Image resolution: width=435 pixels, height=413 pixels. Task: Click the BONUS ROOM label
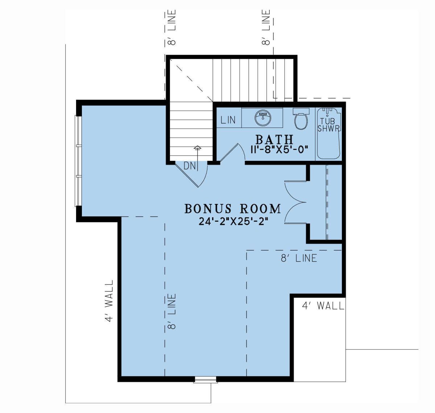pyautogui.click(x=233, y=209)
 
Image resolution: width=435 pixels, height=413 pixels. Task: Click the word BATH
pyautogui.click(x=274, y=139)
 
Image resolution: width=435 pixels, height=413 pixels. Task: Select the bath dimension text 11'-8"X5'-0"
pyautogui.click(x=279, y=150)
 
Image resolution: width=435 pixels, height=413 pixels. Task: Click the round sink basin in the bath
pyautogui.click(x=263, y=117)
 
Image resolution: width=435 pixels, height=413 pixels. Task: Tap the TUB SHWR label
pyautogui.click(x=328, y=125)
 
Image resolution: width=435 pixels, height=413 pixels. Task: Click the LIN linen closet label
pyautogui.click(x=228, y=120)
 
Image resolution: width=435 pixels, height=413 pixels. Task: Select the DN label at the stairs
pyautogui.click(x=190, y=166)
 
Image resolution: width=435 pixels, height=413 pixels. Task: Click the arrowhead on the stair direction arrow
pyautogui.click(x=197, y=147)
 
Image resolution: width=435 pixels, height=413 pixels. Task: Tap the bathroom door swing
pyautogui.click(x=232, y=153)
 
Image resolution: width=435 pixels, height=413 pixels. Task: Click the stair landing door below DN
pyautogui.click(x=191, y=174)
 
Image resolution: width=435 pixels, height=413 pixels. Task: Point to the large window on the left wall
pyautogui.click(x=78, y=161)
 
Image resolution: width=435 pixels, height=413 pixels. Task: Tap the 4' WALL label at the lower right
pyautogui.click(x=323, y=306)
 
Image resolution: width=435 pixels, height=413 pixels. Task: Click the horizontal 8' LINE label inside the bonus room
pyautogui.click(x=299, y=258)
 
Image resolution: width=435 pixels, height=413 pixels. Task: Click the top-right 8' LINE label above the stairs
pyautogui.click(x=266, y=28)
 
